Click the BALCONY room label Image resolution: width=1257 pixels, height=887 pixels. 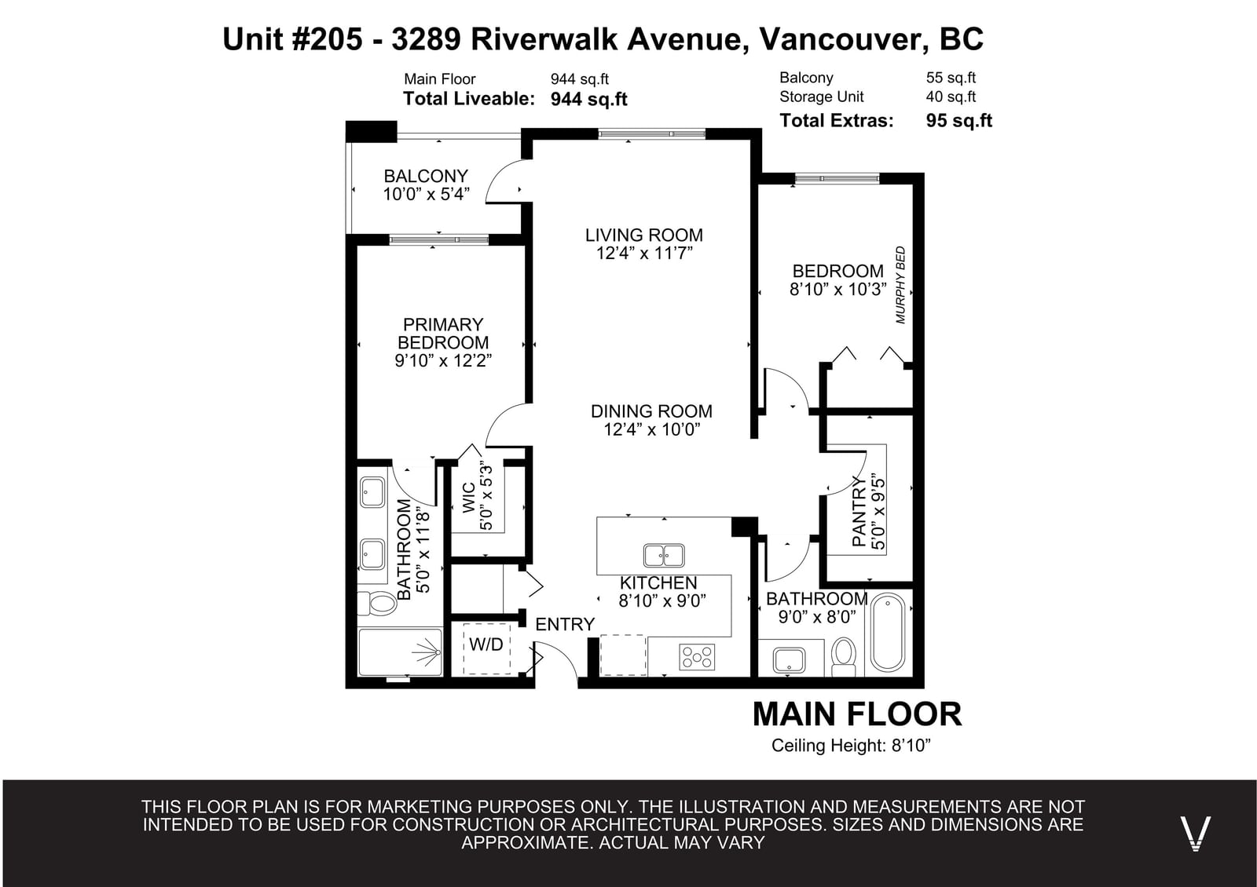point(425,176)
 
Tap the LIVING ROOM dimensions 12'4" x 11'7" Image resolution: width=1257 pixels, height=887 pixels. point(644,254)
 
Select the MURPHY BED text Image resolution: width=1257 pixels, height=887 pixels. point(900,285)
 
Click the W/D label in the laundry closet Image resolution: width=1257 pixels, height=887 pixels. point(486,644)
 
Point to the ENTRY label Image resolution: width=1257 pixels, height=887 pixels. point(565,625)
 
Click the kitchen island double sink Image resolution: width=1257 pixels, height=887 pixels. point(664,556)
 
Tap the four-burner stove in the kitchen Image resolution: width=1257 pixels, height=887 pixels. point(697,657)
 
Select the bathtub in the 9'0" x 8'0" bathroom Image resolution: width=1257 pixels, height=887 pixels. point(888,632)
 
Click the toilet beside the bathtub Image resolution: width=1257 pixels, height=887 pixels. point(844,656)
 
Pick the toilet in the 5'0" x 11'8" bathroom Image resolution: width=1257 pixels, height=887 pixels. point(377,604)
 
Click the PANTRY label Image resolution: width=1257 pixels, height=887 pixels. point(859,511)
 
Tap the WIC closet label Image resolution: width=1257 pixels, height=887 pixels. point(468,498)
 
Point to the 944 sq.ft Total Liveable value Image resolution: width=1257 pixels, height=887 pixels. point(588,99)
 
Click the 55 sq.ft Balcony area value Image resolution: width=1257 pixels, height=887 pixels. point(951,78)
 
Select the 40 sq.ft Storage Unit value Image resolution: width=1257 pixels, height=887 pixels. point(951,97)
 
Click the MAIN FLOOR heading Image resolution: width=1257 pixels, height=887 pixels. point(857,714)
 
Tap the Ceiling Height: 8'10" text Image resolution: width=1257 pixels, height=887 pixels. point(851,746)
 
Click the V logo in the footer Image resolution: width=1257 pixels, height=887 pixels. point(1195,834)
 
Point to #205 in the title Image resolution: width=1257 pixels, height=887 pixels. point(327,39)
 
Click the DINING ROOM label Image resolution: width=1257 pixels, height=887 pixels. point(651,411)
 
